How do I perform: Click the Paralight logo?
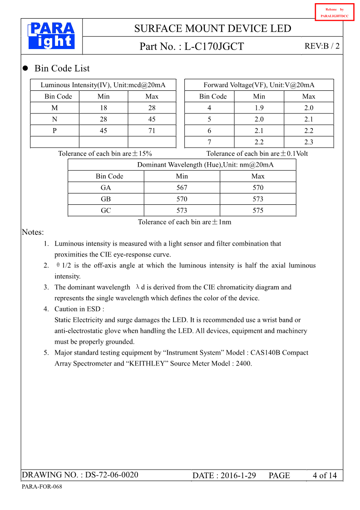click(x=51, y=36)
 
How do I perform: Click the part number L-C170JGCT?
click(x=214, y=46)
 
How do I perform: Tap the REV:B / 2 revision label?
click(x=322, y=46)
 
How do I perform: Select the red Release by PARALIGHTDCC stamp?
click(x=334, y=12)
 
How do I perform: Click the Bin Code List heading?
click(x=62, y=69)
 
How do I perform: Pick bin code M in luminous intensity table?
click(x=55, y=108)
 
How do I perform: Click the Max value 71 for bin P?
click(x=152, y=131)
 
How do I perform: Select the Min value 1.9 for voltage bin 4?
click(x=259, y=108)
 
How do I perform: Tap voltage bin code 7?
click(x=209, y=142)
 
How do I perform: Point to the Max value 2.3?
click(x=309, y=142)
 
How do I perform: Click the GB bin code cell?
click(x=106, y=199)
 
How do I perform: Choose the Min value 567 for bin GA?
click(x=182, y=188)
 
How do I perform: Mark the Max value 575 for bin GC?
click(x=258, y=210)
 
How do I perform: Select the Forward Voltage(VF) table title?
click(x=259, y=85)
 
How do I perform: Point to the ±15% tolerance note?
click(x=105, y=153)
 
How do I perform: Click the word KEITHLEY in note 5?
click(x=147, y=363)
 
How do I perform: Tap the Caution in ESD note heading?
click(x=79, y=309)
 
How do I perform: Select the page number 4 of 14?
click(x=325, y=475)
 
